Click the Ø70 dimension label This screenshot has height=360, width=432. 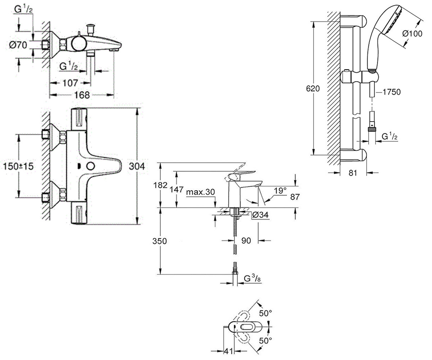tap(18, 45)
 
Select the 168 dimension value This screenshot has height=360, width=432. tap(82, 95)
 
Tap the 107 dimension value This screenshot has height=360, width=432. tap(70, 83)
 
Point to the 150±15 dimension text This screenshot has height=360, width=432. tap(18, 166)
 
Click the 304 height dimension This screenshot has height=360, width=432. tap(137, 166)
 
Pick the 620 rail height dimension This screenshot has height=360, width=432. tap(313, 89)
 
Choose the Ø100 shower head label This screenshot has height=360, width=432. tap(412, 33)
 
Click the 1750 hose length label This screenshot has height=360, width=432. tap(391, 92)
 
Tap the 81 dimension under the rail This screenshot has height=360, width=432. tap(353, 173)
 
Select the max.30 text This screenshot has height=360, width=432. tap(201, 192)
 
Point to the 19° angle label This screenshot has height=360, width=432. tap(280, 190)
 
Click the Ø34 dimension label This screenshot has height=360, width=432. tap(260, 215)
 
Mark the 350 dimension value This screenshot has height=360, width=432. tap(159, 241)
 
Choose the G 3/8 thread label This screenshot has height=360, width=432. tap(252, 279)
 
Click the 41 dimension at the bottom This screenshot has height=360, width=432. tap(228, 351)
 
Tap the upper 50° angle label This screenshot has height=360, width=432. tap(265, 313)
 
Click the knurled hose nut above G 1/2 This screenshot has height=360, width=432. tap(372, 130)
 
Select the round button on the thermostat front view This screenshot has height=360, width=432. tap(90, 166)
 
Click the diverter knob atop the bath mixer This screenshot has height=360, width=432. tap(91, 27)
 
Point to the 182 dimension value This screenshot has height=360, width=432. tap(160, 185)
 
